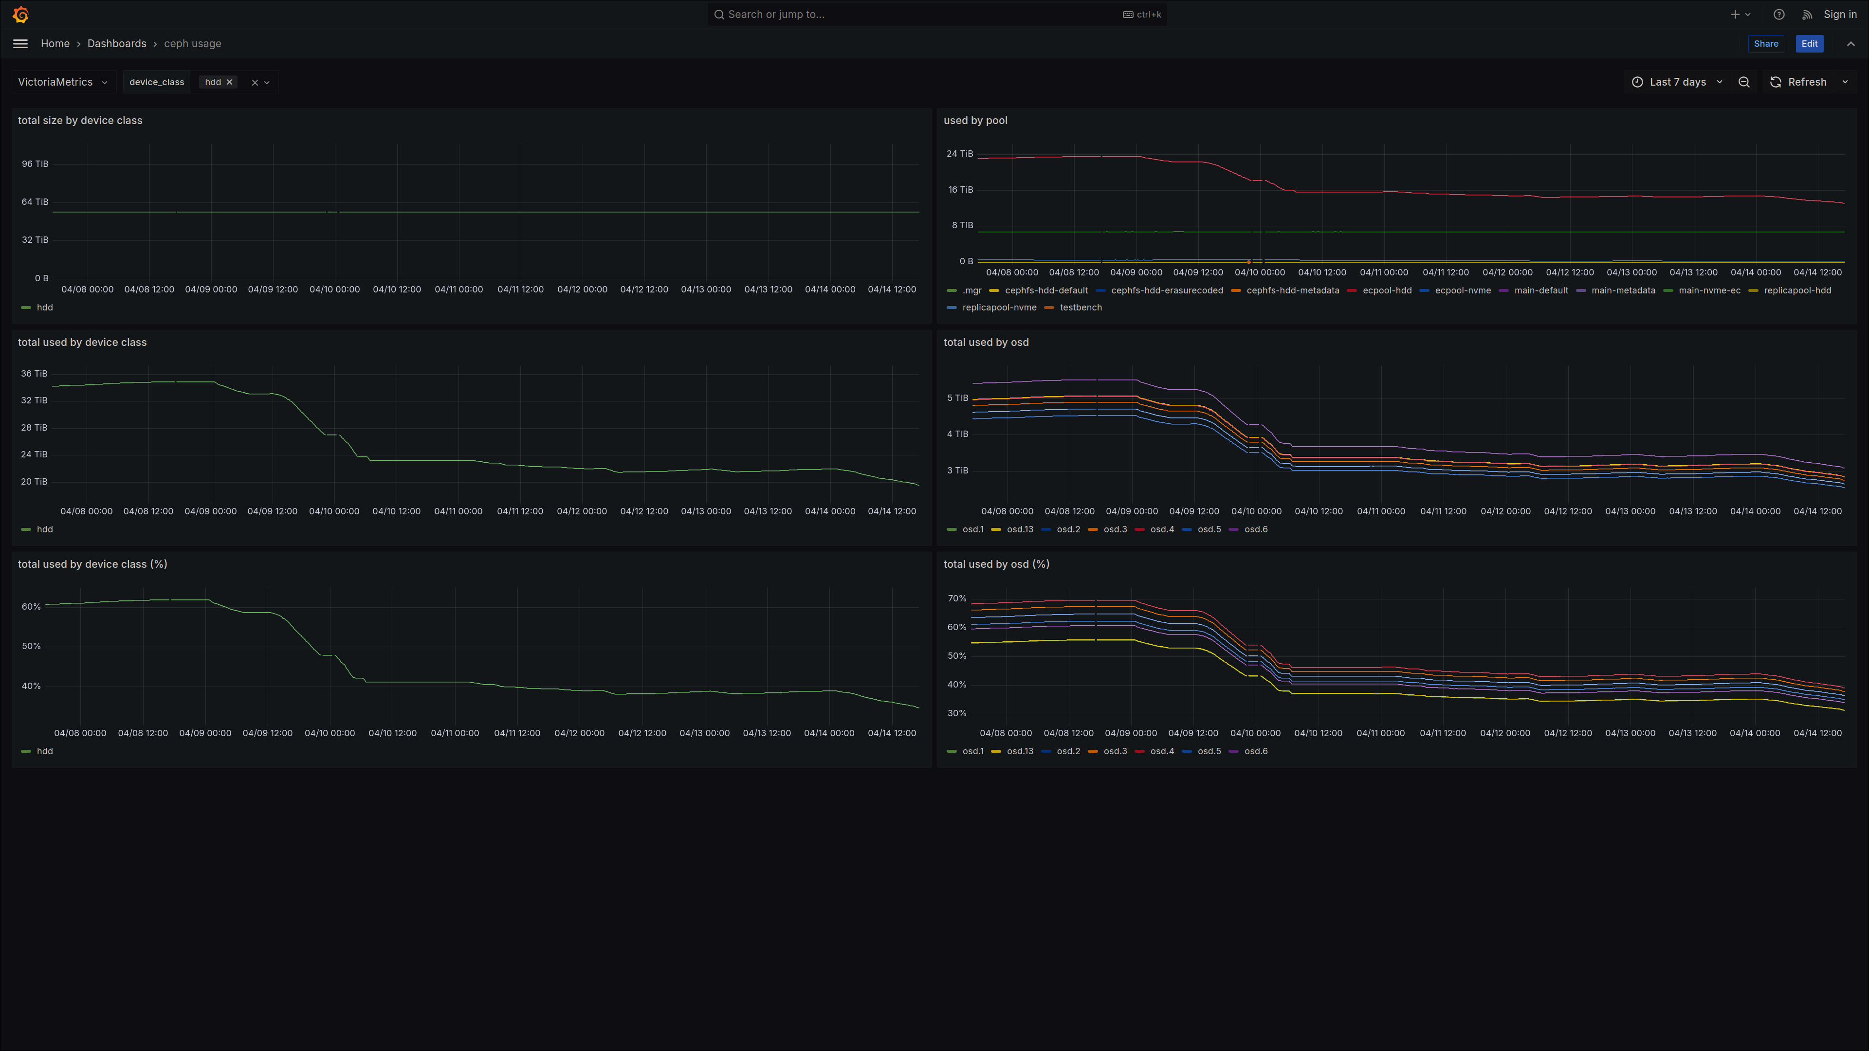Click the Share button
pos(1765,43)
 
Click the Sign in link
pos(1840,15)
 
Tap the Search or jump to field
pos(936,15)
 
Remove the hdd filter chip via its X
pos(229,82)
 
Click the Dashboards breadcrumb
pos(117,43)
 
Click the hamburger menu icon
pos(20,43)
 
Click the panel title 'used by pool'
pos(975,120)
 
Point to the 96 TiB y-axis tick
pos(35,164)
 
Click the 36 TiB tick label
pos(34,374)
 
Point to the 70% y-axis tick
pos(957,598)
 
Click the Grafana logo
pos(21,15)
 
